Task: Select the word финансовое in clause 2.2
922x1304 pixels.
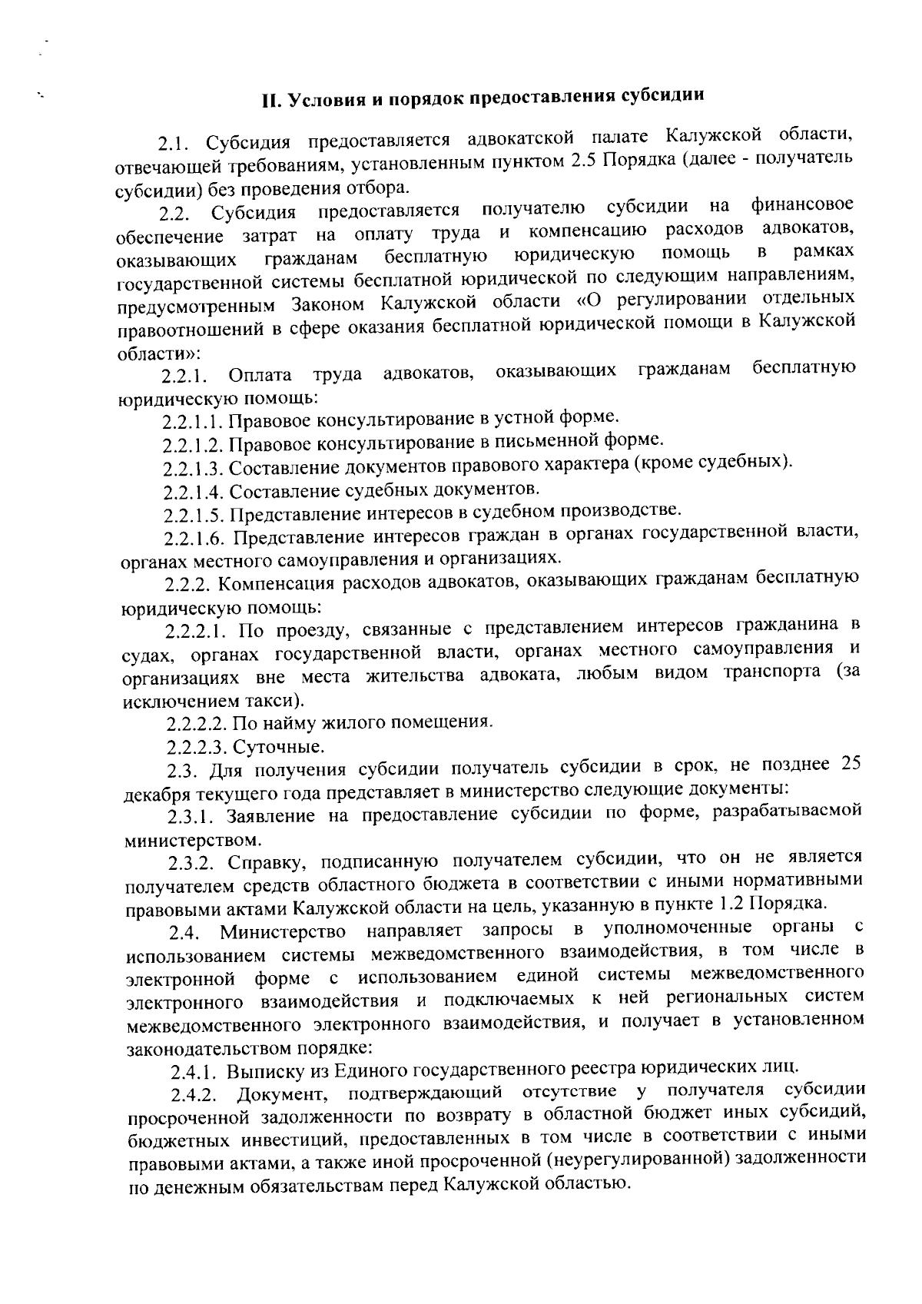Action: (x=802, y=205)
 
